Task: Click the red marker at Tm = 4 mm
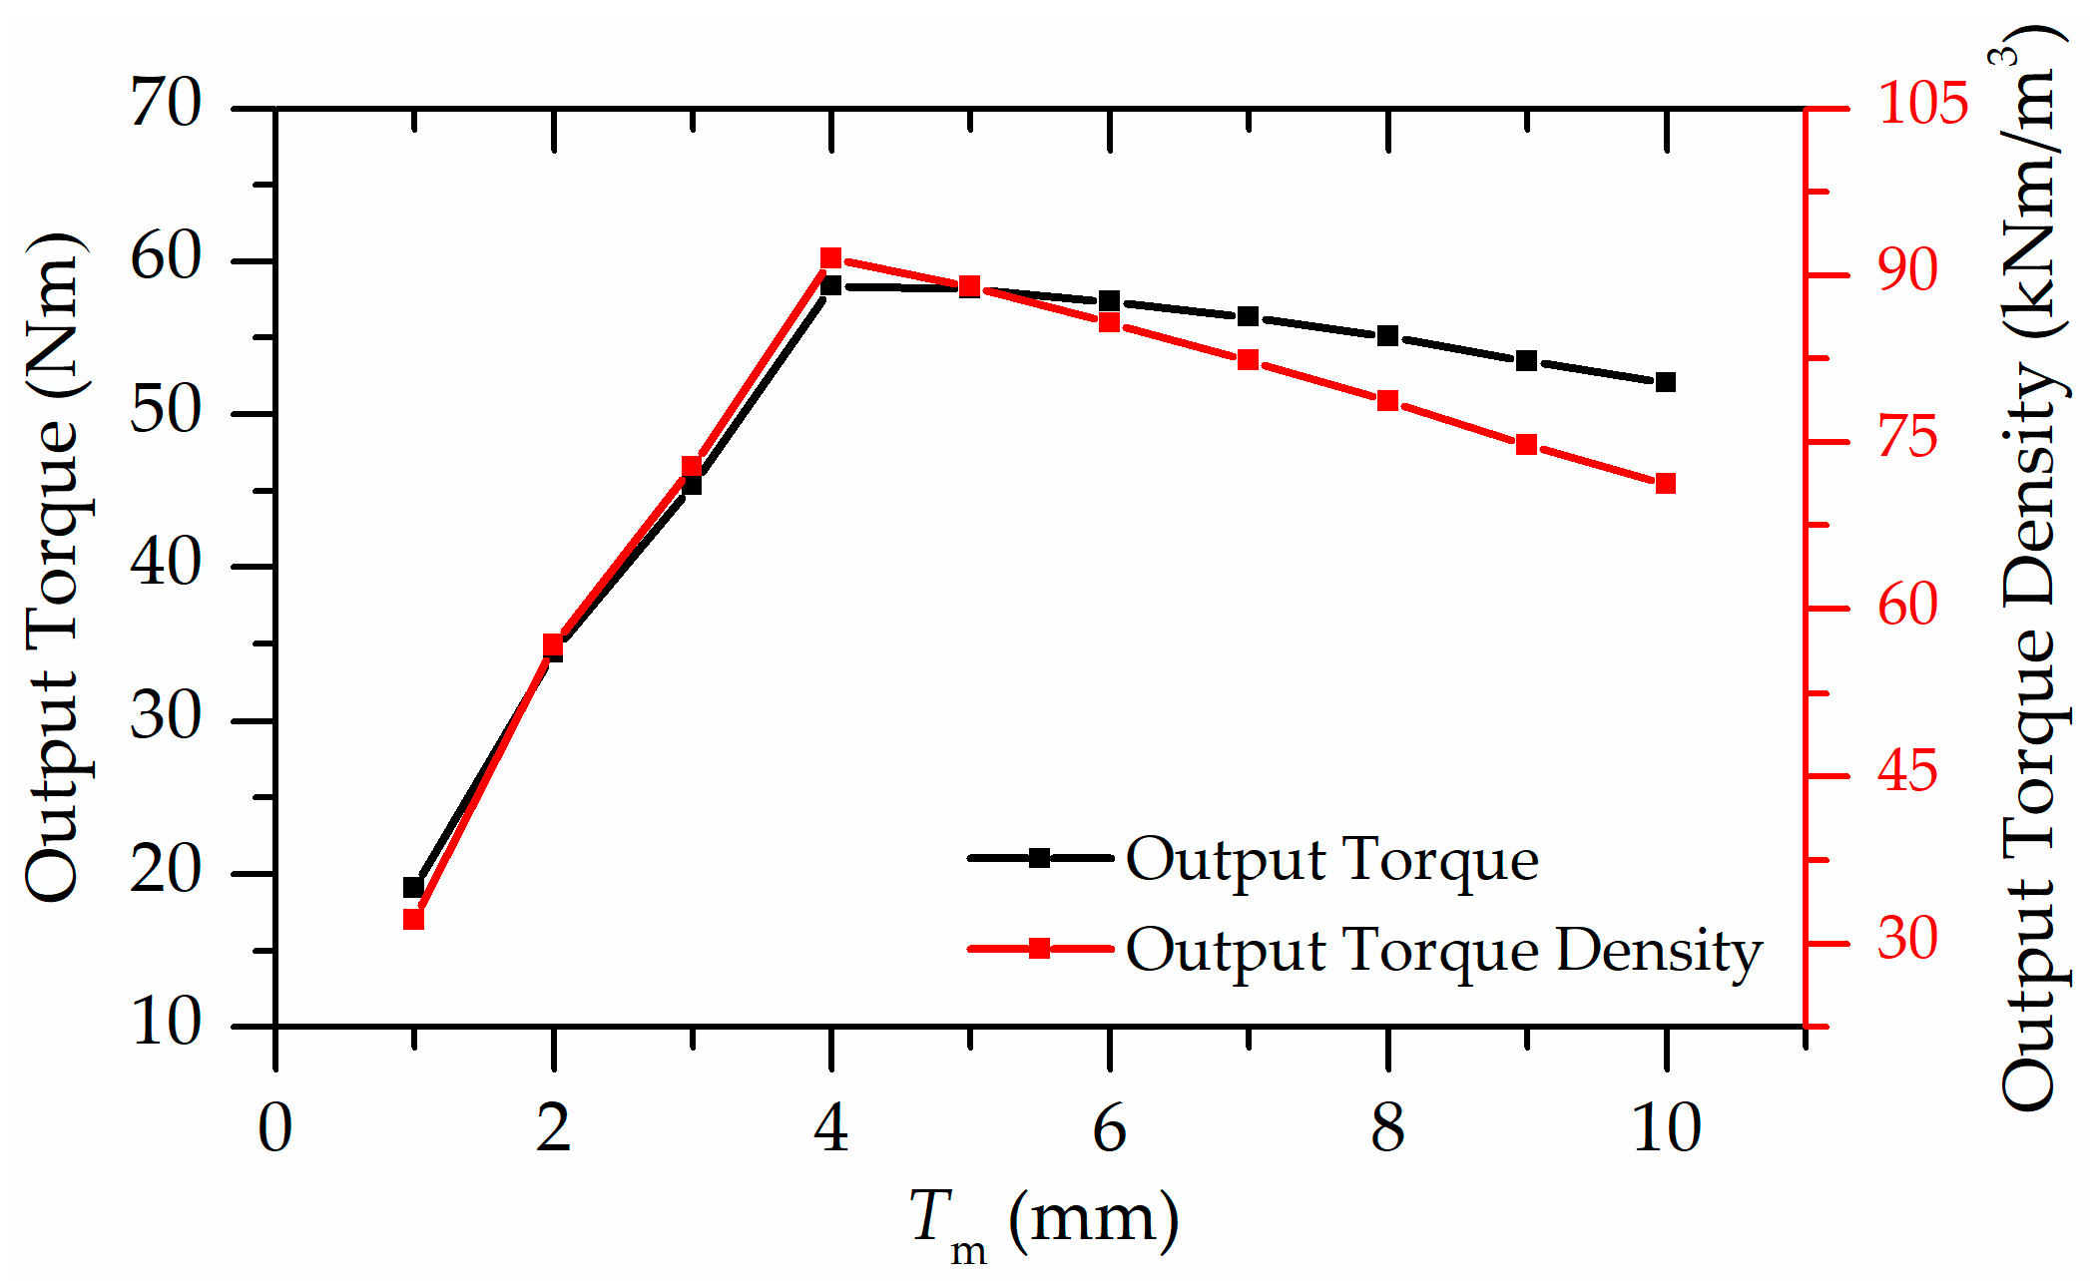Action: (830, 258)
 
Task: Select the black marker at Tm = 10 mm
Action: (1665, 382)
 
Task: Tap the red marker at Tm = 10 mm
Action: (1665, 484)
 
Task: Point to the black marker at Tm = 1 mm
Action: (413, 887)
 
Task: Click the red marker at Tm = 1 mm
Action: (413, 919)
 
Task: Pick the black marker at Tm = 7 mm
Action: (1248, 316)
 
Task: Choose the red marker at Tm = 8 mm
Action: (1387, 401)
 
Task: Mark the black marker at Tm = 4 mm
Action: (830, 286)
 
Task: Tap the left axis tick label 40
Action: (166, 565)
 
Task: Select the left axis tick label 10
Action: (166, 1025)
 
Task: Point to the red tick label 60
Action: (1907, 606)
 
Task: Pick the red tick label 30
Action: (1907, 939)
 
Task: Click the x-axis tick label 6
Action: (1109, 1128)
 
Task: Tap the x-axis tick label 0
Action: (275, 1128)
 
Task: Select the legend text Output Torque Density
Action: (1443, 949)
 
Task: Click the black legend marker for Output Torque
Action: (1039, 857)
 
